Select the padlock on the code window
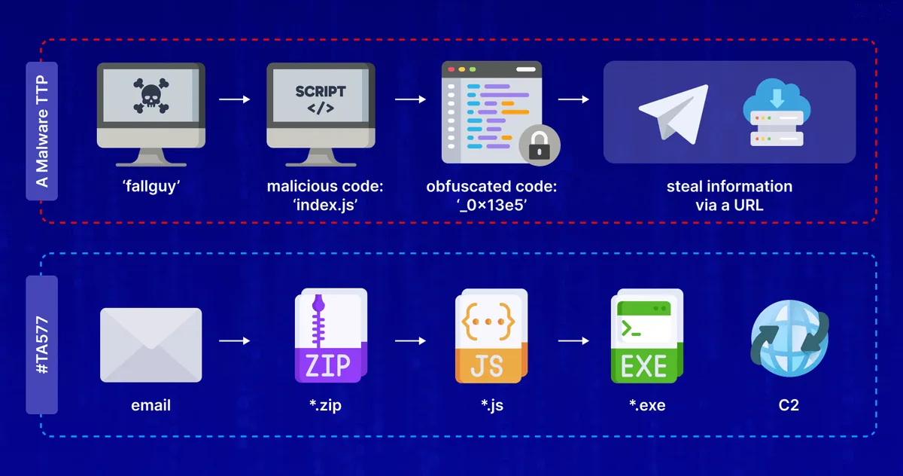pos(540,143)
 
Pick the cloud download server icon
pos(772,113)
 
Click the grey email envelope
pos(150,343)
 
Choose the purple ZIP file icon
pos(330,336)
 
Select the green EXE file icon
pos(646,336)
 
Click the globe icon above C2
pos(789,339)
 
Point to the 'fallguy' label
pos(150,186)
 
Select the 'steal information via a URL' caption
pos(729,195)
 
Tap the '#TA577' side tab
pos(42,345)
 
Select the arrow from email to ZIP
pos(235,341)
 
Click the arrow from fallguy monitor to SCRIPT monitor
pos(235,98)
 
